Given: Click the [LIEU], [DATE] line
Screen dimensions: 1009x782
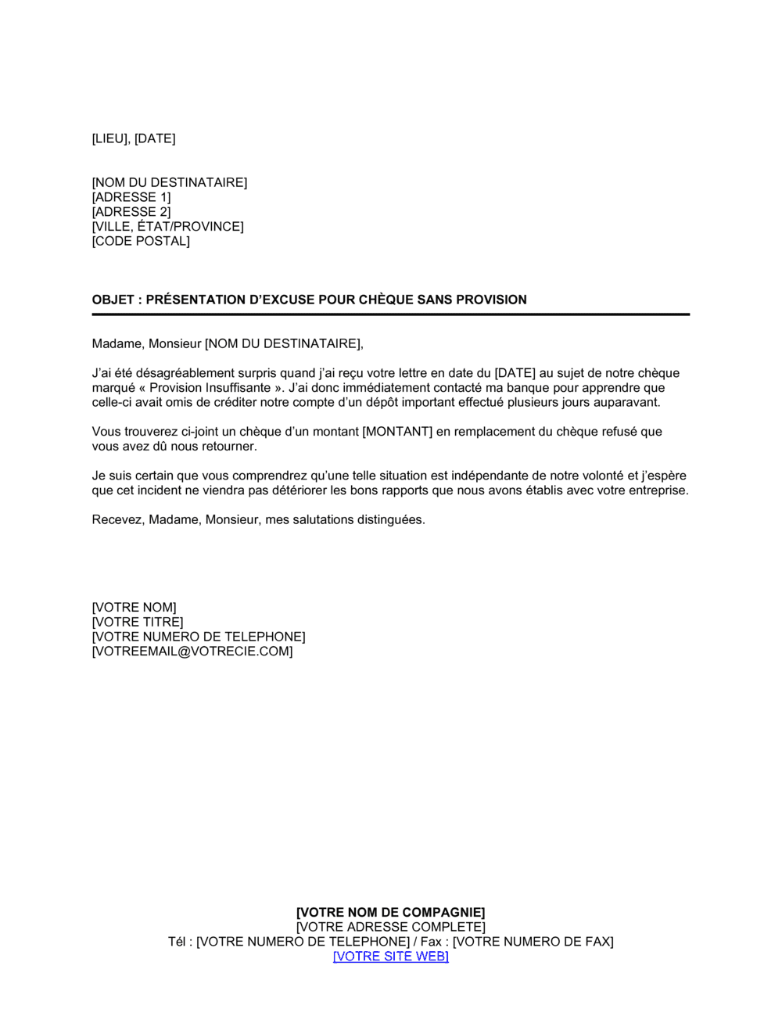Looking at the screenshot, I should point(134,138).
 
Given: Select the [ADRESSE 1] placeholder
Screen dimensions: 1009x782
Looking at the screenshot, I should point(131,197).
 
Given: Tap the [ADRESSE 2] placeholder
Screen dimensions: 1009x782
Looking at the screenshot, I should point(131,212).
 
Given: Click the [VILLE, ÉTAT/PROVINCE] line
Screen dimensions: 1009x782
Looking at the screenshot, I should point(167,227).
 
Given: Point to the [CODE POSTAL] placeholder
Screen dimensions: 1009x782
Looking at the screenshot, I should point(141,241).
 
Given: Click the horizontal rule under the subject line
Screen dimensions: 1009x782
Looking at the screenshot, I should point(390,314).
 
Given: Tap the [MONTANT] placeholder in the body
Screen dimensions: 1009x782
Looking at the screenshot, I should point(397,432).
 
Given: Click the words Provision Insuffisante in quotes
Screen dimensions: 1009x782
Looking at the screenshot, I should point(210,388).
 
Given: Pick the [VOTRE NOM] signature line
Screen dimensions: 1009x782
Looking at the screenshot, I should point(134,608).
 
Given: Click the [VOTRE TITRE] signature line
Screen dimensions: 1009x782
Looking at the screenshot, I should point(138,623).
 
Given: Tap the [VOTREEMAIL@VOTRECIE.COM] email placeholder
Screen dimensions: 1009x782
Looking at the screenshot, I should point(192,652).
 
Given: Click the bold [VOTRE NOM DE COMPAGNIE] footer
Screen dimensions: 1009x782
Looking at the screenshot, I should point(390,912).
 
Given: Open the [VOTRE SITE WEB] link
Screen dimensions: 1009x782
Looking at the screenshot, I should point(390,957).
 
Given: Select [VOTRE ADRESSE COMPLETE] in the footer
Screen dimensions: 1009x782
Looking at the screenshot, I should point(390,927).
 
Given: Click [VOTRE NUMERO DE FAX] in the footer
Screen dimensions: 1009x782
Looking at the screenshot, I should point(533,942).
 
